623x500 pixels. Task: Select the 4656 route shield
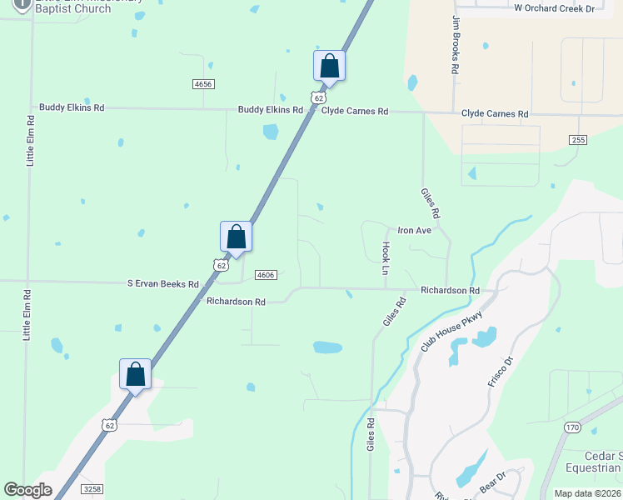[x=203, y=84]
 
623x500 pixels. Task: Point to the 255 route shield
[x=579, y=139]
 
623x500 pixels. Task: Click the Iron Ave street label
[x=414, y=230]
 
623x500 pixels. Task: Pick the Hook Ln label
[x=386, y=258]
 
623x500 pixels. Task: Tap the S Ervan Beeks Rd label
[x=163, y=283]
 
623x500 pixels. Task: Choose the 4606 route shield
[x=266, y=274]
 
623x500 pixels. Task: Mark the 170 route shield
[x=571, y=427]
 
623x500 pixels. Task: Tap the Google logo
[x=27, y=490]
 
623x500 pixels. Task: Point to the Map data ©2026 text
[x=587, y=493]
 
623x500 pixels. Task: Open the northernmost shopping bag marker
[x=329, y=66]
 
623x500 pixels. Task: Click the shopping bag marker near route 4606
[x=236, y=237]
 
